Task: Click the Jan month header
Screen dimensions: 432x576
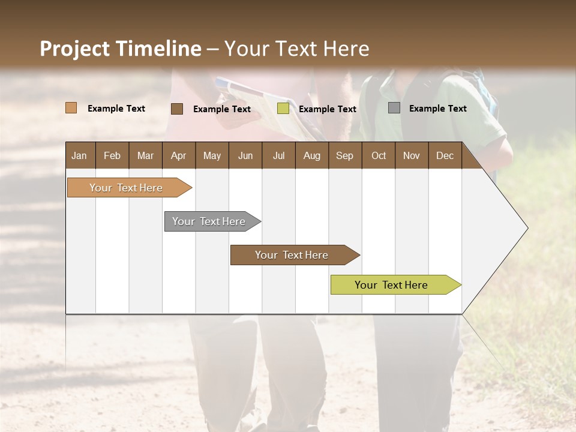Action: point(79,156)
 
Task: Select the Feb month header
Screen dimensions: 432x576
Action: point(112,156)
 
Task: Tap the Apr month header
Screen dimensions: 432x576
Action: point(178,156)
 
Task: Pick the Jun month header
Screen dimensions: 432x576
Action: point(245,156)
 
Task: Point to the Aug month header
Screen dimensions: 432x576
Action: point(311,156)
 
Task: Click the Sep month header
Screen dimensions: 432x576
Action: point(344,156)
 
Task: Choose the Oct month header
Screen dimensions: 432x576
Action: point(379,156)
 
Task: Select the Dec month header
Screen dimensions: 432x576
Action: point(445,156)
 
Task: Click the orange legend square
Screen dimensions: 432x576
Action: point(71,108)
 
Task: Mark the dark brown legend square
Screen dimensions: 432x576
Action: point(176,109)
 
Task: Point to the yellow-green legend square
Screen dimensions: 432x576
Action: point(283,109)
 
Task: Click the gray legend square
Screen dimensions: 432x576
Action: point(394,108)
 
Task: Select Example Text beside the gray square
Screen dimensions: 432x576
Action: point(437,109)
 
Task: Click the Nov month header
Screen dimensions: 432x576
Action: point(411,156)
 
